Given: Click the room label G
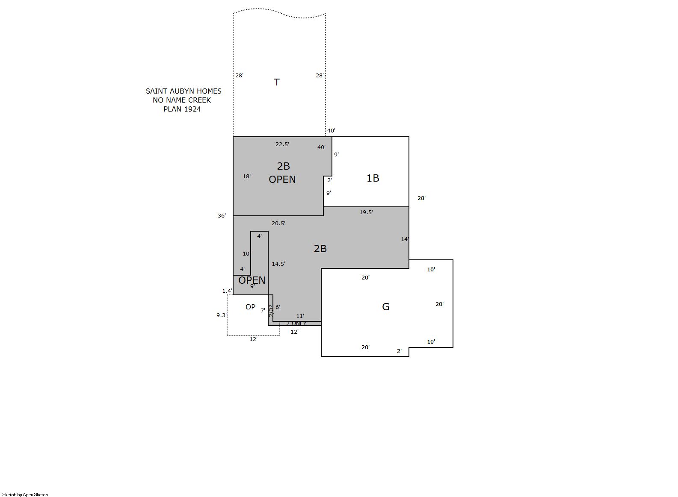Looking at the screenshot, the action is pyautogui.click(x=385, y=307).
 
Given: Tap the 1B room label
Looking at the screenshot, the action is pyautogui.click(x=373, y=178).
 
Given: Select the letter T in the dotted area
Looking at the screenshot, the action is pyautogui.click(x=276, y=82).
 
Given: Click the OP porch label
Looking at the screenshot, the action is pyautogui.click(x=250, y=307).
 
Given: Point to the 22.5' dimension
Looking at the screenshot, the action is pyautogui.click(x=282, y=144).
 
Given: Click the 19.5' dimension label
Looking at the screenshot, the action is pyautogui.click(x=366, y=212).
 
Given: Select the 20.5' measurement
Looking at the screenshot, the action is pyautogui.click(x=278, y=224).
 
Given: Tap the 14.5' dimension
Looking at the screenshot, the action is pyautogui.click(x=278, y=264).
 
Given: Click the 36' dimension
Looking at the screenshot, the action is pyautogui.click(x=222, y=215).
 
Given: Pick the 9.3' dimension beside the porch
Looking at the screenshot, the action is pyautogui.click(x=222, y=315).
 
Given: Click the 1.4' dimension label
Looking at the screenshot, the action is pyautogui.click(x=227, y=291).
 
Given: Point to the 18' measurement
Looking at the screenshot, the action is pyautogui.click(x=247, y=176).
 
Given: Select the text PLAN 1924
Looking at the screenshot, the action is pyautogui.click(x=182, y=109).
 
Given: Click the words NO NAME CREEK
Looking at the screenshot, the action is pyautogui.click(x=182, y=100).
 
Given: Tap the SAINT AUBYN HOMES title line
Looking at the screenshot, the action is pyautogui.click(x=184, y=91).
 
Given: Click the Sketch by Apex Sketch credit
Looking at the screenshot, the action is pyautogui.click(x=25, y=494).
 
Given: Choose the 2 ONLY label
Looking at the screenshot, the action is pyautogui.click(x=296, y=323).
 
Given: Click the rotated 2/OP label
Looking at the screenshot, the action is pyautogui.click(x=271, y=311).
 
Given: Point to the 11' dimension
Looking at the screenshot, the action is pyautogui.click(x=300, y=316).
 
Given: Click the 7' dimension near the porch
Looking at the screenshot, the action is pyautogui.click(x=263, y=311).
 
